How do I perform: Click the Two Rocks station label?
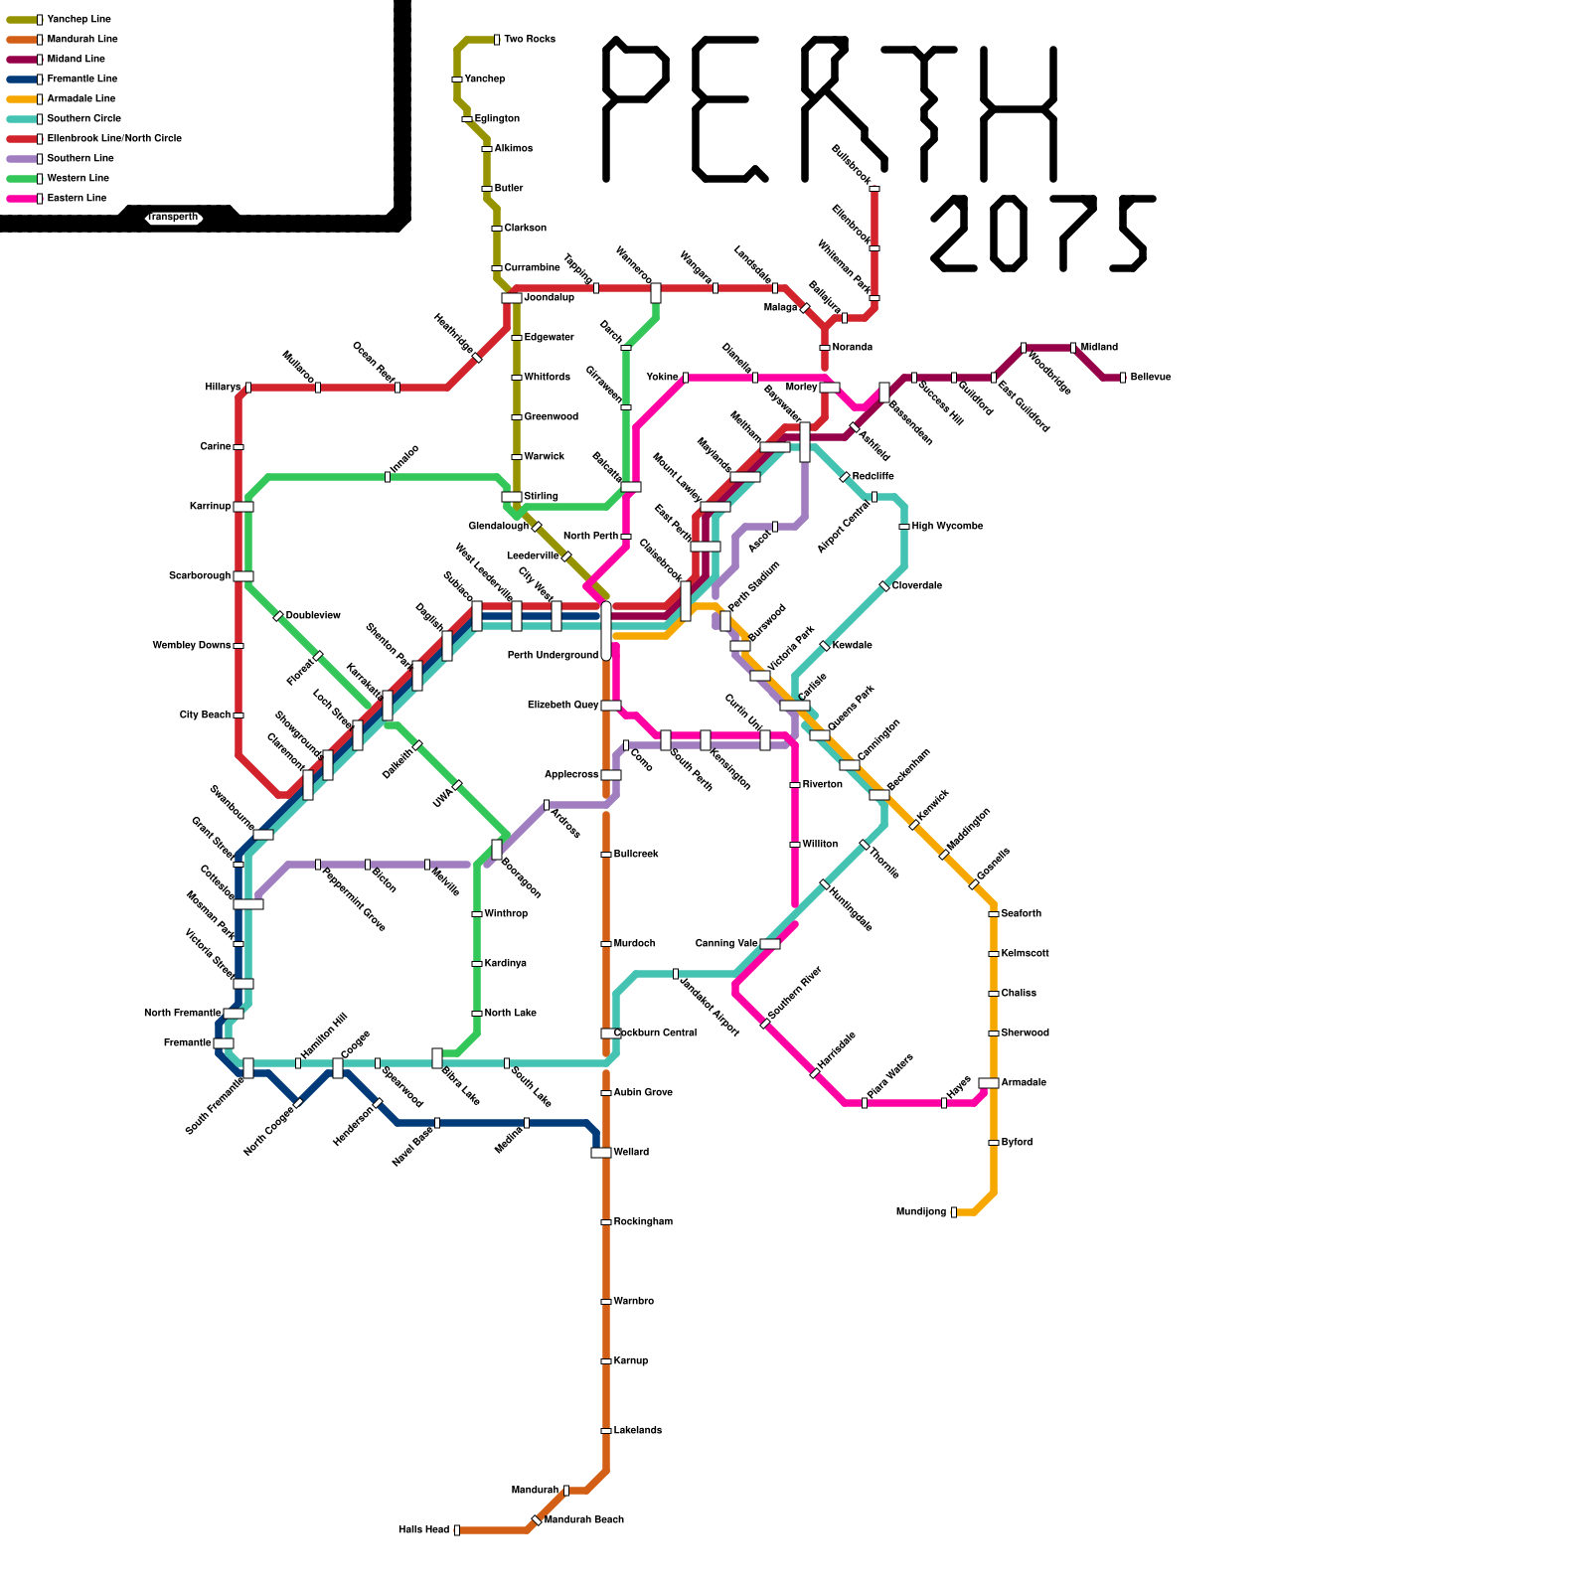point(529,40)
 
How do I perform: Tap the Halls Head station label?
point(423,1530)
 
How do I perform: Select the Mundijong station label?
point(921,1212)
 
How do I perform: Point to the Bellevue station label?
point(1151,378)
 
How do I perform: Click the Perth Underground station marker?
point(606,630)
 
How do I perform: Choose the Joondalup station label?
point(549,298)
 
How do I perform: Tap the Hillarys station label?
point(223,388)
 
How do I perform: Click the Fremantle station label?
point(187,1043)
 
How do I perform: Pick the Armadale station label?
point(1024,1083)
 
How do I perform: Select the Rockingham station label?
point(643,1222)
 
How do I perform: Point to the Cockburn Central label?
point(655,1033)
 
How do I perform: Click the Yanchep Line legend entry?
point(79,20)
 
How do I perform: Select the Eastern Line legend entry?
point(77,199)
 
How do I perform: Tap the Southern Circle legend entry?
point(83,119)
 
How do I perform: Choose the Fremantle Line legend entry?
point(81,79)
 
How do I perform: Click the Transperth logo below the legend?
point(174,218)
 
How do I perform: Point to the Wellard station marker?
point(601,1153)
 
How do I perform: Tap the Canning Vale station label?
point(726,944)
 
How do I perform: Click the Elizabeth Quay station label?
point(562,706)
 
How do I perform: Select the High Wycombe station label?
point(947,527)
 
